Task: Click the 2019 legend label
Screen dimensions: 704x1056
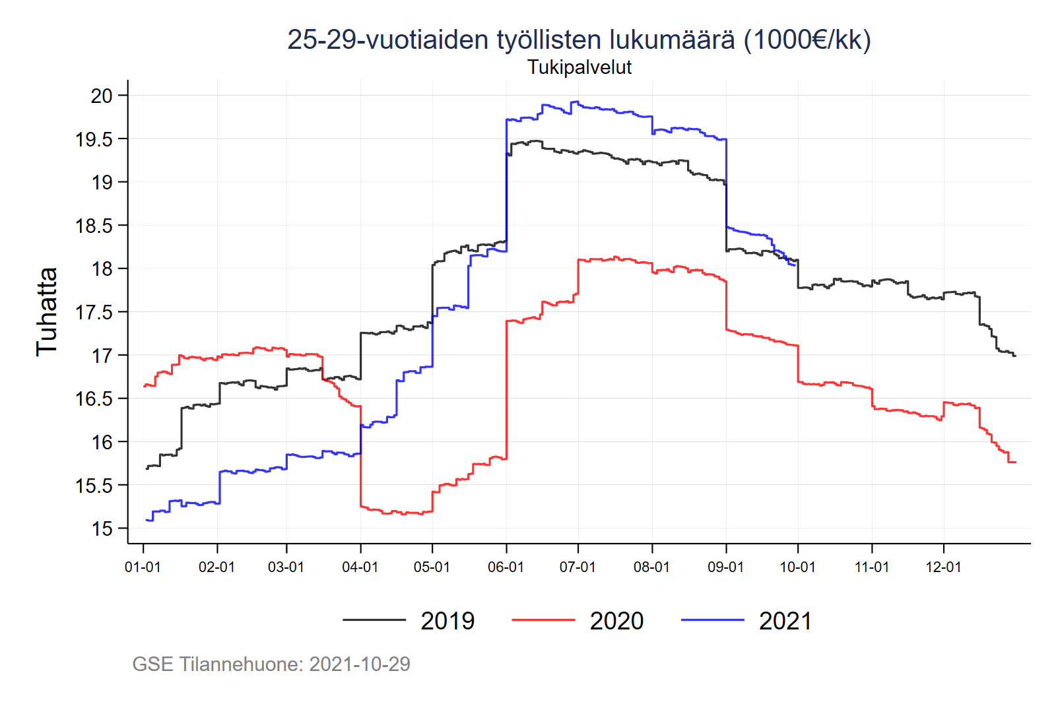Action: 447,621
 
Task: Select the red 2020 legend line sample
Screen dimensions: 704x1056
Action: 543,620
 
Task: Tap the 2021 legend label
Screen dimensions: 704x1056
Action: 785,621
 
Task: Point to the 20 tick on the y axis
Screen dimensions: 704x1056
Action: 102,96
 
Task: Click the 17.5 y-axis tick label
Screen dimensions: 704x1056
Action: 94,312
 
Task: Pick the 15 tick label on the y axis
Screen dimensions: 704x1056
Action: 102,528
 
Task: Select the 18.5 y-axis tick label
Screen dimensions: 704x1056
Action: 94,226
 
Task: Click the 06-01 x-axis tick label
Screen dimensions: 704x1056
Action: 506,567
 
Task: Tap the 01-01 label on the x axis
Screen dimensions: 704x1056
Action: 143,567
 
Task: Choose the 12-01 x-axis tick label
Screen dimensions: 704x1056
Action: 943,567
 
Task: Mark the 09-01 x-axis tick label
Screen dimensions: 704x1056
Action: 725,567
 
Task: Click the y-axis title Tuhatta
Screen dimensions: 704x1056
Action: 47,312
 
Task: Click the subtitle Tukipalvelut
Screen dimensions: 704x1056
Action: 579,67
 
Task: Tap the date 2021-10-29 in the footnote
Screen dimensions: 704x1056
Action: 360,664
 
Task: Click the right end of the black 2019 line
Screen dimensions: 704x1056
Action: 1015,356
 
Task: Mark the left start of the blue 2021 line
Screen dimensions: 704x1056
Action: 147,520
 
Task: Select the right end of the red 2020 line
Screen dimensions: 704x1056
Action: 1015,462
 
